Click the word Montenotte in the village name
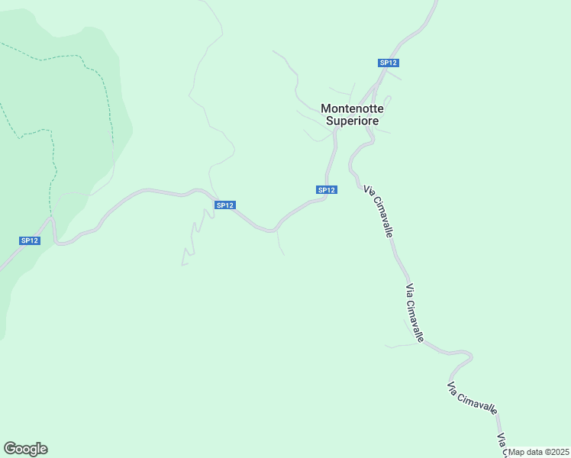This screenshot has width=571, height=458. pyautogui.click(x=352, y=108)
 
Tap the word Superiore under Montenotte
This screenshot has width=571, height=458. pyautogui.click(x=352, y=121)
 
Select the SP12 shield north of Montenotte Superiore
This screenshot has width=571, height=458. pyautogui.click(x=389, y=63)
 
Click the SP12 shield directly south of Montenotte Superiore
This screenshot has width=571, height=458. pyautogui.click(x=326, y=189)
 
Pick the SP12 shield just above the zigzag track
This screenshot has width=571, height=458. pyautogui.click(x=224, y=205)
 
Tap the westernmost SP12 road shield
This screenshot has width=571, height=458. pyautogui.click(x=29, y=240)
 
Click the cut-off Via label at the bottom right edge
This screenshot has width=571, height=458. pyautogui.click(x=502, y=442)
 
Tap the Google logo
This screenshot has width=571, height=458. pyautogui.click(x=25, y=449)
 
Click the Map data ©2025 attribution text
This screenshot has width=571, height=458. pyautogui.click(x=539, y=452)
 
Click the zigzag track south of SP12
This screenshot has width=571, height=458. pyautogui.click(x=195, y=237)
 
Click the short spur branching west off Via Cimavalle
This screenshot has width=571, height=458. pyautogui.click(x=401, y=345)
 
